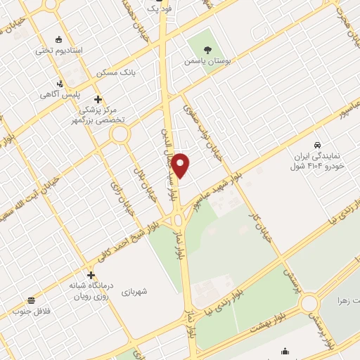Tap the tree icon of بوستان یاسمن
pyautogui.click(x=207, y=49)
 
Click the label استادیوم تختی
pyautogui.click(x=59, y=52)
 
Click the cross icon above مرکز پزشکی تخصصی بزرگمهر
pyautogui.click(x=98, y=99)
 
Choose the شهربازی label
pyautogui.click(x=133, y=291)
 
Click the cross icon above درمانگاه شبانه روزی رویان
pyautogui.click(x=90, y=275)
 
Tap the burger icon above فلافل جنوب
pyautogui.click(x=32, y=300)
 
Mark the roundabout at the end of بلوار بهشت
pyautogui.click(x=309, y=303)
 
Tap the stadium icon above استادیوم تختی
pyautogui.click(x=59, y=39)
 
